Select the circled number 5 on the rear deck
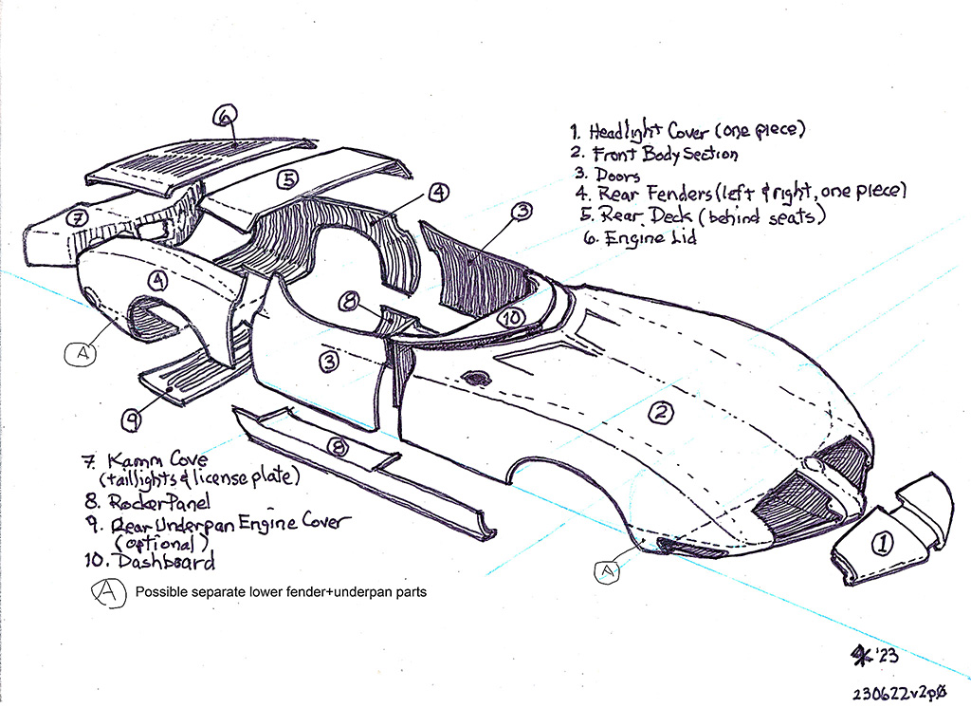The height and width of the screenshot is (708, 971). click(287, 177)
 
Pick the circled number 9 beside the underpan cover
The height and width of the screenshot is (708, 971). click(131, 417)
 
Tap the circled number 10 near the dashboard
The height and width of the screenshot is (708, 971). click(511, 320)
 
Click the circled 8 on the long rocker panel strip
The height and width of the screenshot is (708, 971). click(337, 446)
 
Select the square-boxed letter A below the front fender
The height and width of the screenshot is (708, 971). click(604, 570)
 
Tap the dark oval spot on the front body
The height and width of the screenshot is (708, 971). click(476, 378)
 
